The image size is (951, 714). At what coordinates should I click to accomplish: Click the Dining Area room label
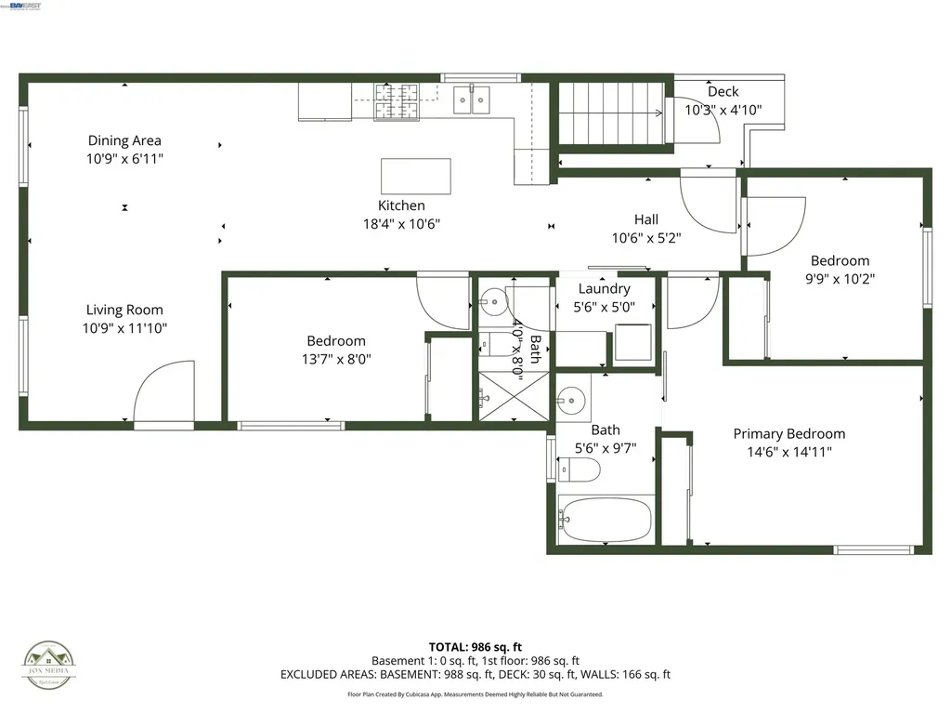coord(124,140)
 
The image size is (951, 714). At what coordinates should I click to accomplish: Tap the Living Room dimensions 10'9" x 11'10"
coord(124,328)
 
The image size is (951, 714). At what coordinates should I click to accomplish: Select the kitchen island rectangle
coord(416,176)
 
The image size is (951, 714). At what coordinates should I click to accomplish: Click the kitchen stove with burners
coord(397,101)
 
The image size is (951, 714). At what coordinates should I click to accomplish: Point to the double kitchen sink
coord(472,99)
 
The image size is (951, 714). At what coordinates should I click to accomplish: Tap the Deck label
coord(723,91)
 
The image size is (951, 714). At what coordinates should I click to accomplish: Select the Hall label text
coord(646,219)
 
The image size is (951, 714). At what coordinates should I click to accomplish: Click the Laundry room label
coord(604,289)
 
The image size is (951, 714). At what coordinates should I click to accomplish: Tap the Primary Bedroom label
coord(788,434)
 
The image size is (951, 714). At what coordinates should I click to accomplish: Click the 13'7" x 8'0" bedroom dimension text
coord(336,359)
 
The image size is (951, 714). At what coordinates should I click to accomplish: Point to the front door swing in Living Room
coord(163,393)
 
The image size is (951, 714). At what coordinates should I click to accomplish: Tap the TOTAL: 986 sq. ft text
coord(475,647)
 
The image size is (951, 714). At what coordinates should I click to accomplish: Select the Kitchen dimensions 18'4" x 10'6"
coord(401,223)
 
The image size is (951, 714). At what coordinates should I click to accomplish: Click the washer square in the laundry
coord(633,341)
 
